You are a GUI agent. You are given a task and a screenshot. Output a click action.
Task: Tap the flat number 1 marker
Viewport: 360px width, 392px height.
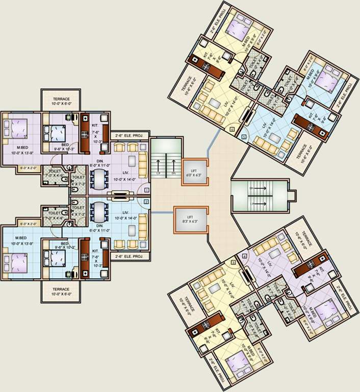point(146,190)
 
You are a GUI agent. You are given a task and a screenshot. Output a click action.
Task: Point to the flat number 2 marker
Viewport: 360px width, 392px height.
point(146,202)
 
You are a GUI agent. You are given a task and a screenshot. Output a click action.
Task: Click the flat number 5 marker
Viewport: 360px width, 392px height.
point(244,137)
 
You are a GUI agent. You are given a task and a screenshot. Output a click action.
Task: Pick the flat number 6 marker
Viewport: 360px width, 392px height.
point(232,130)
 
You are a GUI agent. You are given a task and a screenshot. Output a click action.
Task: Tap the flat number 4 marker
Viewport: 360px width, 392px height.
point(245,256)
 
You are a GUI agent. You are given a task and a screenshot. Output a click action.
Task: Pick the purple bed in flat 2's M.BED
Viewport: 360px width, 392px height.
point(16,263)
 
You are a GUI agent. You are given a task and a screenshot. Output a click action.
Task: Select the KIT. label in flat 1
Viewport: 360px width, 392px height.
point(95,124)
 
